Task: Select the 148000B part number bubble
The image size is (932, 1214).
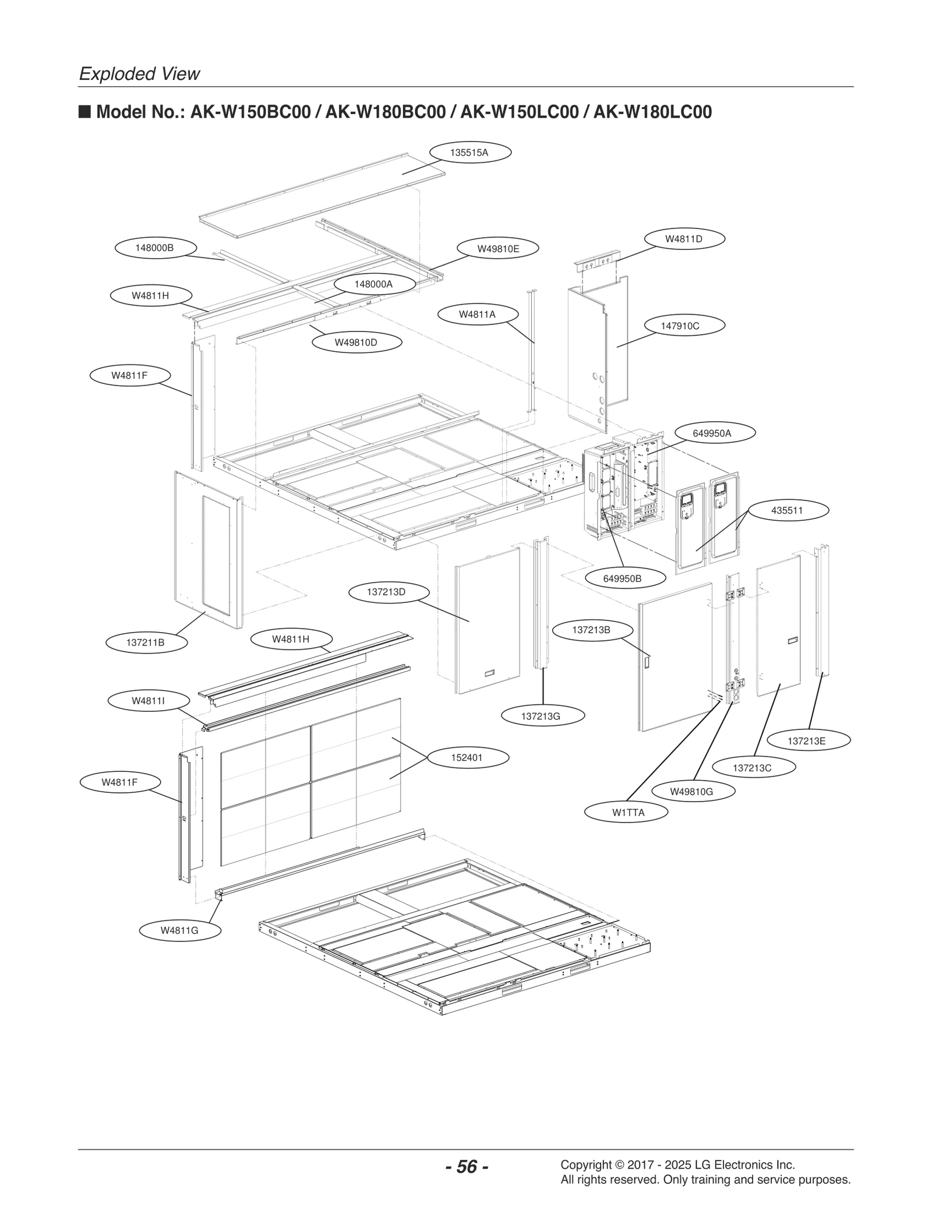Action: coord(155,248)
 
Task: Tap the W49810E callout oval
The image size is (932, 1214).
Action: coord(498,249)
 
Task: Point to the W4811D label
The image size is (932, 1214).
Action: coord(684,239)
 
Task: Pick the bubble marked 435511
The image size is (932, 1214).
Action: coord(787,510)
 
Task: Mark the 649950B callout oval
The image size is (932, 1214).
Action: coord(622,578)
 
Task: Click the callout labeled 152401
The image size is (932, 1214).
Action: coord(467,758)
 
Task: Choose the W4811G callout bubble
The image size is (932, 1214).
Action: coord(179,930)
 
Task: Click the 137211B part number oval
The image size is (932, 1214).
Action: coord(146,643)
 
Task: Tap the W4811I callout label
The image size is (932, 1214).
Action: coord(148,701)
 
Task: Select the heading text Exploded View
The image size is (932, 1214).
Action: coord(139,74)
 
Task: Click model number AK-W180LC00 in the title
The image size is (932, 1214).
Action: coord(652,112)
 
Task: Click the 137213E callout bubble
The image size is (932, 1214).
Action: coord(806,741)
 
